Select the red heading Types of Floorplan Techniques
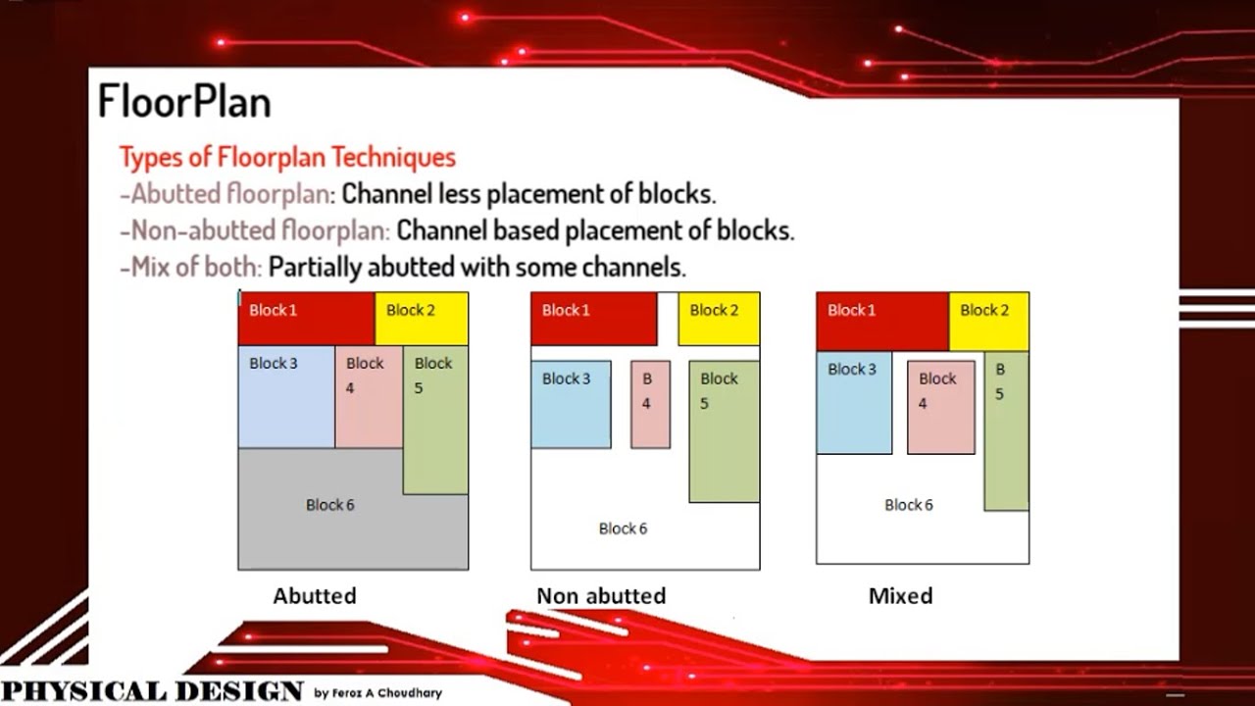287,157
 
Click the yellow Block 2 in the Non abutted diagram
719,319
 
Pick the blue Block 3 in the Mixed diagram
854,402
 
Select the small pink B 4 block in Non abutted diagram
650,404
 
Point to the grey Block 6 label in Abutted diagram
329,505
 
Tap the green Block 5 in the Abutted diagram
435,420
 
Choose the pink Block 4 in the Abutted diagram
369,396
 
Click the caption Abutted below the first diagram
315,596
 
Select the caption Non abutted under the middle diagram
601,596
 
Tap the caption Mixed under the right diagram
900,596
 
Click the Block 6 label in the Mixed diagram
909,505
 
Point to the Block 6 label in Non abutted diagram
624,529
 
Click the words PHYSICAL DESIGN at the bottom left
152,690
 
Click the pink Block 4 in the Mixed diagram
941,407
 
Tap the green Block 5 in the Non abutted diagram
724,431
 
